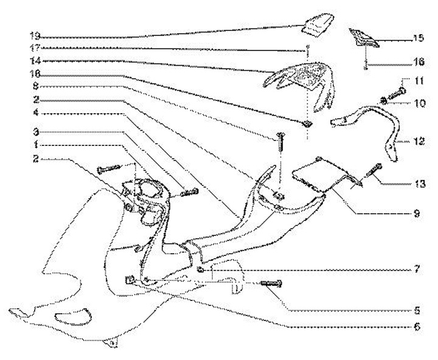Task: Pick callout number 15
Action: coord(418,37)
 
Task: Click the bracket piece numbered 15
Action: coord(364,40)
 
